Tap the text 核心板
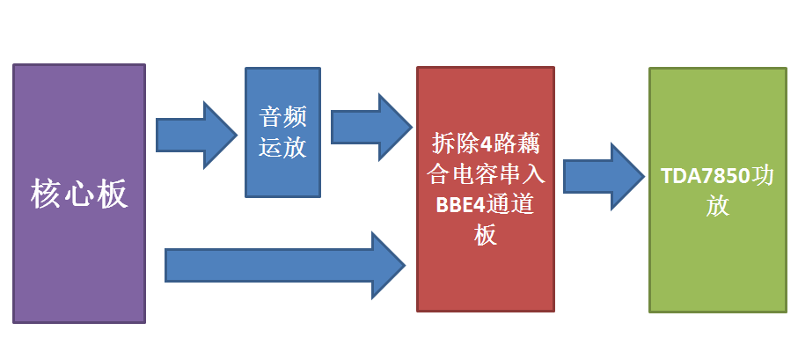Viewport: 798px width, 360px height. point(79,193)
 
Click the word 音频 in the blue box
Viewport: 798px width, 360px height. point(282,117)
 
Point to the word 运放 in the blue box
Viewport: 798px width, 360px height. point(282,146)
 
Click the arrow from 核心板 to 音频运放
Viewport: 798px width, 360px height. point(195,135)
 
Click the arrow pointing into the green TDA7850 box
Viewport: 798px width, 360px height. point(603,176)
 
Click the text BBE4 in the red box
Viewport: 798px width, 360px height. point(458,204)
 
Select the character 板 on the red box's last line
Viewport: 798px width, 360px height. point(485,235)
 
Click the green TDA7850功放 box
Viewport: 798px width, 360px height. point(716,264)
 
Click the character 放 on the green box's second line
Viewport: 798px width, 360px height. point(716,208)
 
